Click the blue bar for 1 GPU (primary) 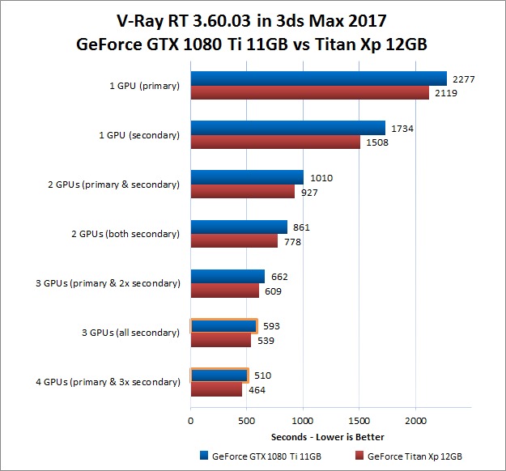(x=318, y=78)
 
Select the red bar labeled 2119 (x=309, y=93)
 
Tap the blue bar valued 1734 (x=287, y=128)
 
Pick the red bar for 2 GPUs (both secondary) (x=234, y=241)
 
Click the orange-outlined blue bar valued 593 (x=223, y=326)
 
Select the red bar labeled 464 (x=216, y=389)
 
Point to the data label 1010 (x=321, y=178)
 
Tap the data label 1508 (x=377, y=143)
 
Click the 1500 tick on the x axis (x=359, y=422)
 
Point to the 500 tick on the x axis (x=246, y=422)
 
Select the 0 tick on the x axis (x=190, y=422)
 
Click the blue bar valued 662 (x=227, y=276)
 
